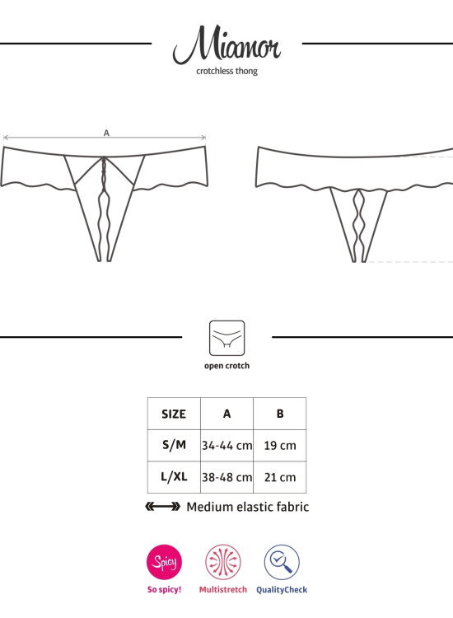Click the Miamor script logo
coord(226,44)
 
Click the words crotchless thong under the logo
coord(226,72)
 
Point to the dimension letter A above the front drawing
coord(106,133)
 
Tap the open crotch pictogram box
coord(226,338)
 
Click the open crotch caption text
coord(226,366)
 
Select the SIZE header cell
coord(174,414)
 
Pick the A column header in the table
coord(226,414)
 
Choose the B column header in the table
coord(280,414)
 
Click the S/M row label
coord(174,445)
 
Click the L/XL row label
coord(174,477)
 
